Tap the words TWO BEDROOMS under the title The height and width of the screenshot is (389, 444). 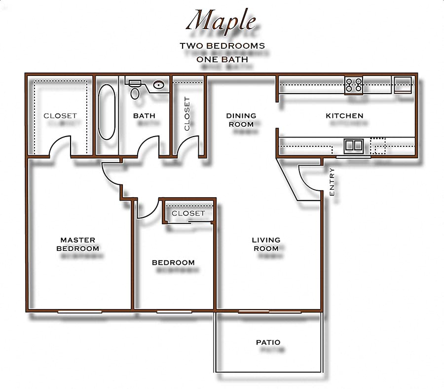pos(222,46)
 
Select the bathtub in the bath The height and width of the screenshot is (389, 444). pos(107,112)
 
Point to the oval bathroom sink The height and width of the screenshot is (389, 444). pos(158,85)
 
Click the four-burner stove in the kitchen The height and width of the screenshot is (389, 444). pos(353,85)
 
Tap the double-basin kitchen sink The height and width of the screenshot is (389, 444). pos(354,145)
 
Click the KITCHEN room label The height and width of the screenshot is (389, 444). pos(344,116)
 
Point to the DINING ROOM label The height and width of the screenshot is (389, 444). pos(241,120)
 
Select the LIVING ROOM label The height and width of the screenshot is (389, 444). pos(266,244)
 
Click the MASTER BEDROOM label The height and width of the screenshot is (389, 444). pos(78,245)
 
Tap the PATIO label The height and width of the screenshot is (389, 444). pos(268,342)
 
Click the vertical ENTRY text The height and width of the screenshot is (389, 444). pos(332,182)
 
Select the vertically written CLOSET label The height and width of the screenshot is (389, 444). pos(187,114)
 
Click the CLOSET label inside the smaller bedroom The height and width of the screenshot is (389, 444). pos(188,213)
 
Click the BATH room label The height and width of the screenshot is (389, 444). pos(144,116)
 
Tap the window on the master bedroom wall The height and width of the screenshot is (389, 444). pos(79,312)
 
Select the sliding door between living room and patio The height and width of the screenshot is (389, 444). pos(269,312)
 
